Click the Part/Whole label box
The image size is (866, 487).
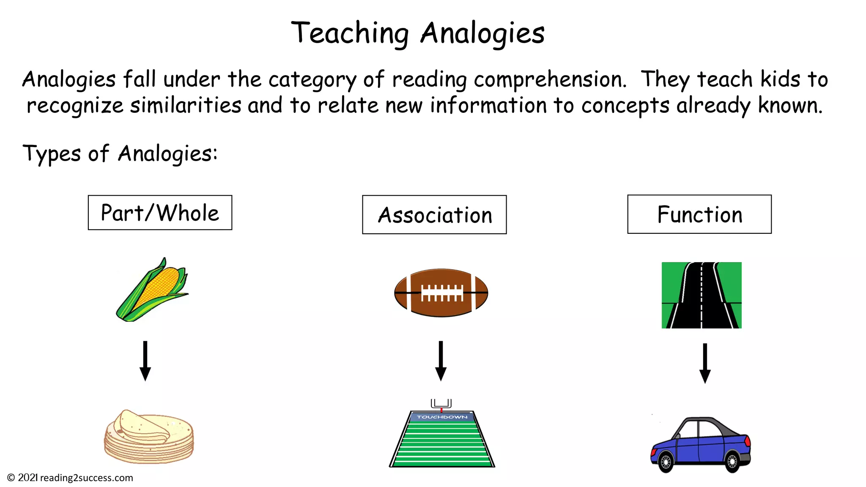160,213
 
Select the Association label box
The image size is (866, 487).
434,215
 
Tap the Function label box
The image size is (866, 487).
699,214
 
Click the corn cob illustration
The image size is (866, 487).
153,290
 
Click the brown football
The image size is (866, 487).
441,293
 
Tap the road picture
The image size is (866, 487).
702,295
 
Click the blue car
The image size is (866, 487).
701,444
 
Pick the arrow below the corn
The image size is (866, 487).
145,361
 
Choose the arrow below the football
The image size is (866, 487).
441,361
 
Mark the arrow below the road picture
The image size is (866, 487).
705,363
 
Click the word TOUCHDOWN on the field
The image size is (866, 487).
442,417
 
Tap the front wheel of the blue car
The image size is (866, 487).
666,462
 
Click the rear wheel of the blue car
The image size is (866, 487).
732,461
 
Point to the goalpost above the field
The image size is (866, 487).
441,404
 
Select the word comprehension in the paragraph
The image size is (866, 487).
550,80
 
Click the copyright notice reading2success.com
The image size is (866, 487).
70,478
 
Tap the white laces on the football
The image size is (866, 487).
442,292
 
